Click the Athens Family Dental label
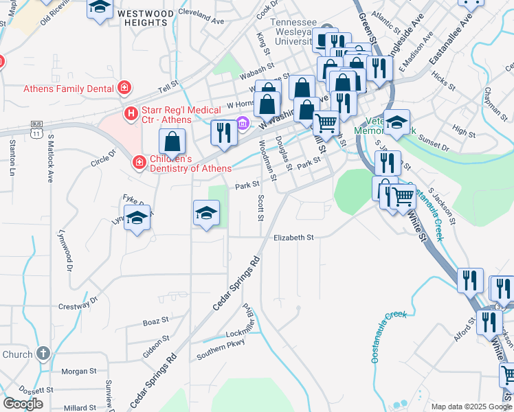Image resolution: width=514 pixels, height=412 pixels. [x=67, y=88]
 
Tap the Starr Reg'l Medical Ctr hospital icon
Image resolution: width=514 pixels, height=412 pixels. [x=128, y=113]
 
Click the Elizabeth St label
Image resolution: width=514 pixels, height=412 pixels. [x=293, y=238]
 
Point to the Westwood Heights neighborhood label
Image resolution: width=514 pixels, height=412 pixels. [x=145, y=18]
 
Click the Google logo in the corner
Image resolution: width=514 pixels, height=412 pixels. [x=23, y=404]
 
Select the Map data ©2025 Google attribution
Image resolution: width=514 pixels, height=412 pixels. [x=471, y=407]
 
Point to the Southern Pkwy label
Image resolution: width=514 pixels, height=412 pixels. [x=221, y=350]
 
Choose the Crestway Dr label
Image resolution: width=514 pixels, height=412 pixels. [x=78, y=303]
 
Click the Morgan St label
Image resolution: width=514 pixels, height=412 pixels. [x=79, y=371]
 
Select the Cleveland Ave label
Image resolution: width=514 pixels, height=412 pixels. [x=201, y=16]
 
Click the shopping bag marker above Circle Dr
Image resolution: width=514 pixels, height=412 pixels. [x=172, y=142]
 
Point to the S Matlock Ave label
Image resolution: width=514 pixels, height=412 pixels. [x=50, y=157]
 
